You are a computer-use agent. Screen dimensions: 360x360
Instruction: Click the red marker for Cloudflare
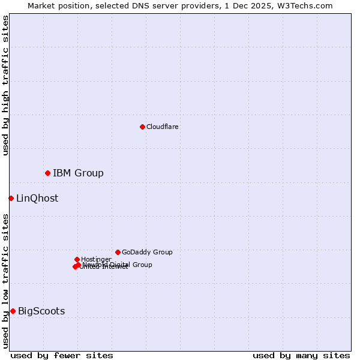[142, 127]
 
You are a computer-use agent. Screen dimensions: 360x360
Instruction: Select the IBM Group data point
[47, 173]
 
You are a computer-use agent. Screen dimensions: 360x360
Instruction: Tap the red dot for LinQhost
[11, 198]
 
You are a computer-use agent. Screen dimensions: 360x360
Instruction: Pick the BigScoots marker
[13, 311]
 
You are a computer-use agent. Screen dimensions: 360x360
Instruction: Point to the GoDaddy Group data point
[118, 252]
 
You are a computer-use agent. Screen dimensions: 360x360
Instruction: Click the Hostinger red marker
[77, 259]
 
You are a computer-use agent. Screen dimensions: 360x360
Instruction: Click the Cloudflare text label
[162, 127]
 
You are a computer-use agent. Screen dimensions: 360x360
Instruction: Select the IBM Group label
[78, 173]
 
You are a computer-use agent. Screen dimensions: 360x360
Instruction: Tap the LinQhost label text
[37, 199]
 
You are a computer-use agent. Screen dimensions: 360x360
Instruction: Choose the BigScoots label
[41, 311]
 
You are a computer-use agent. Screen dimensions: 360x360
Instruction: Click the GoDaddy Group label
[147, 252]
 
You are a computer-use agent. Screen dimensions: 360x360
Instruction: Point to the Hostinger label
[96, 259]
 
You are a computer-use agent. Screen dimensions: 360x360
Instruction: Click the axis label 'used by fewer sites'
[62, 355]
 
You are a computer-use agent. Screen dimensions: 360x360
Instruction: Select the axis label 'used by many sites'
[301, 355]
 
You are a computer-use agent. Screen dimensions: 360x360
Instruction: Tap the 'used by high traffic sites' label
[6, 85]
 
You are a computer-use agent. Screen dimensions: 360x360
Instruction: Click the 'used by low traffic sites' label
[6, 280]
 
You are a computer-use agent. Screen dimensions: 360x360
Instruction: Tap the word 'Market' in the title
[43, 5]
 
